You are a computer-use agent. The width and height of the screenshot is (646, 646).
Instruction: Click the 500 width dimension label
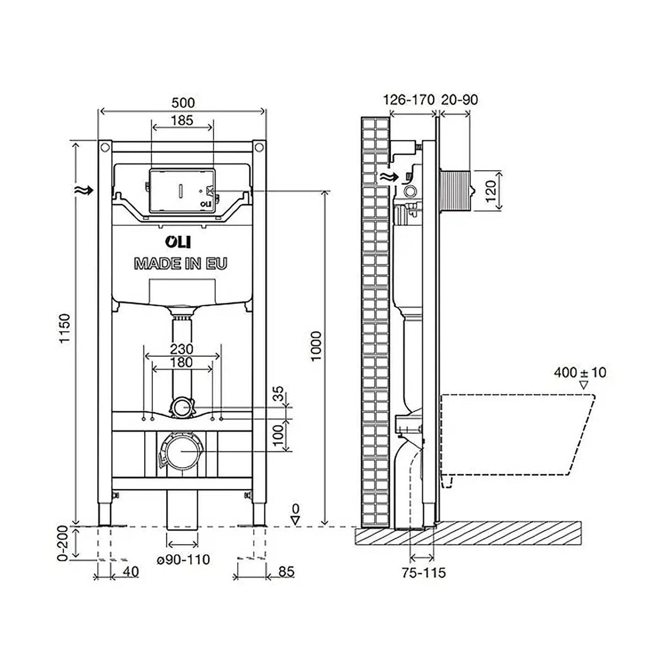point(183,102)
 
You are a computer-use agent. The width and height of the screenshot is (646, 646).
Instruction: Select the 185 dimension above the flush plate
point(182,120)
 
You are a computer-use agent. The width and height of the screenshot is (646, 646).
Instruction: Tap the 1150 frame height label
point(64,328)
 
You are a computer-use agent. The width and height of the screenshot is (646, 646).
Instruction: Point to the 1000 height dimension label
point(317,346)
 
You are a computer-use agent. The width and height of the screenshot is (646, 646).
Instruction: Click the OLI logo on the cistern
point(177,242)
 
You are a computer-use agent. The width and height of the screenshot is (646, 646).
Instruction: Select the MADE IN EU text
point(180,264)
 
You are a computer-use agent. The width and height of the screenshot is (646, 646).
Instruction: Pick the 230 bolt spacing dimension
point(181,349)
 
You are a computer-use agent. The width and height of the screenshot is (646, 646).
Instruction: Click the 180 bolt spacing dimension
point(181,363)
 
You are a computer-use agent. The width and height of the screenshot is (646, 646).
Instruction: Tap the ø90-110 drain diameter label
point(183,559)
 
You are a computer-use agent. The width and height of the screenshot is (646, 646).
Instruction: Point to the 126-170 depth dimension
point(408,100)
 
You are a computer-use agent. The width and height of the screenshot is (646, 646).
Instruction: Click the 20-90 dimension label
point(459,100)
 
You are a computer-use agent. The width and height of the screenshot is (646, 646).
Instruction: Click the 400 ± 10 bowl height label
point(580,372)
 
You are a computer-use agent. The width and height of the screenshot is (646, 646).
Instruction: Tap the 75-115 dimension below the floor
point(424,573)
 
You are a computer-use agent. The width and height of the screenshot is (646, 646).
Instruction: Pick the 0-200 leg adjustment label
point(63,543)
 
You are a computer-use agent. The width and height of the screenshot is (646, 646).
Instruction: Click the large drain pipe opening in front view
point(183,451)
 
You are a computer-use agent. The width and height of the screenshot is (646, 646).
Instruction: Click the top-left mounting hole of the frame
point(105,147)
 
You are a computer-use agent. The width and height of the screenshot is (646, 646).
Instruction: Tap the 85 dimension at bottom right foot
point(286,571)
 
